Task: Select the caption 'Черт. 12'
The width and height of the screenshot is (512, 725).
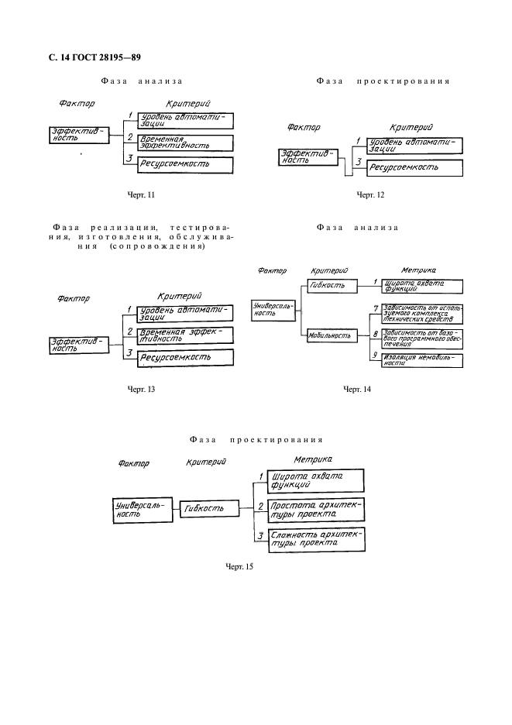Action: [x=370, y=194]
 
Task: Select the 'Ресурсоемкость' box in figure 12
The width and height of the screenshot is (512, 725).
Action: [x=414, y=167]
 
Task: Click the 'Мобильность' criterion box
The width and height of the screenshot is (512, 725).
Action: [x=332, y=336]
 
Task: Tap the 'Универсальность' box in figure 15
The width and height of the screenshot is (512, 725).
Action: [x=138, y=509]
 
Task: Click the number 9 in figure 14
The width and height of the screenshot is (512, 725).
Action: [x=374, y=355]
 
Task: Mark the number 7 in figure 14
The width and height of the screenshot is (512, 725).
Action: [x=375, y=308]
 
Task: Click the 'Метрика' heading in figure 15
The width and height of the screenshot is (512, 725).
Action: [x=313, y=459]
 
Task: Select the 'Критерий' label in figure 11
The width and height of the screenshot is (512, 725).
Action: [x=188, y=104]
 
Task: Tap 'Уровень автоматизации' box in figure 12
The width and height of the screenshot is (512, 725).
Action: [x=414, y=145]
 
